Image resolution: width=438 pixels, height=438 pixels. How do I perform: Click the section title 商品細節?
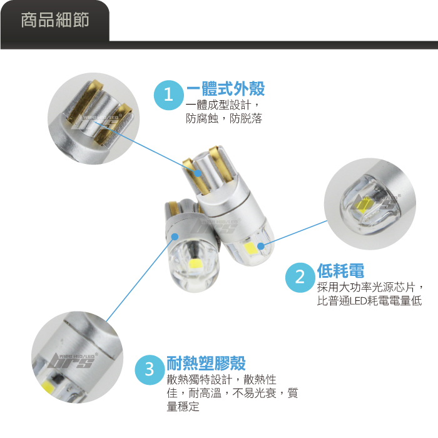click(x=55, y=20)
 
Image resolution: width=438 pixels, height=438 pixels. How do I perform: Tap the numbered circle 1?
click(x=169, y=95)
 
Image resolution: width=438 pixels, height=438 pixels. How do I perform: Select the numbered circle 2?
click(x=300, y=277)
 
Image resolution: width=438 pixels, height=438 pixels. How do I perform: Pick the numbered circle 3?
click(x=150, y=370)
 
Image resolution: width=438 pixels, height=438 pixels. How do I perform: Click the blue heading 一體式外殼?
click(x=225, y=89)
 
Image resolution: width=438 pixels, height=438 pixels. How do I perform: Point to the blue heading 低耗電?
click(x=340, y=270)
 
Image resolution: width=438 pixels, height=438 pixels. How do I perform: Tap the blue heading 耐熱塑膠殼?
click(x=206, y=363)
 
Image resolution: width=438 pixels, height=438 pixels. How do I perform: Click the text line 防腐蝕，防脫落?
click(x=224, y=118)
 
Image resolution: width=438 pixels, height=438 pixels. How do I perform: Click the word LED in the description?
click(x=359, y=301)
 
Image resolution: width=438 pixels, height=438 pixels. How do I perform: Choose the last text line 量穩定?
click(x=183, y=407)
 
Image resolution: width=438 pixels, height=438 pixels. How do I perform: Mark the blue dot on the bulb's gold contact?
click(x=198, y=173)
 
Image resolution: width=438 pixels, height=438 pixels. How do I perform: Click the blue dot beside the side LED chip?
click(x=261, y=247)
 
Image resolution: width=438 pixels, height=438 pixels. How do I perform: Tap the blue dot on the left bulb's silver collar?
click(x=175, y=237)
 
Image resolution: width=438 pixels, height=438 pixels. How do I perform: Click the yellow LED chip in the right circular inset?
click(x=360, y=206)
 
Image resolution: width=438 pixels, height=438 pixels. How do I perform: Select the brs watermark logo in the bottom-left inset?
click(x=73, y=360)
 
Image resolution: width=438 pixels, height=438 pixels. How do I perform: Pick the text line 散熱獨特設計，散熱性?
click(x=222, y=380)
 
